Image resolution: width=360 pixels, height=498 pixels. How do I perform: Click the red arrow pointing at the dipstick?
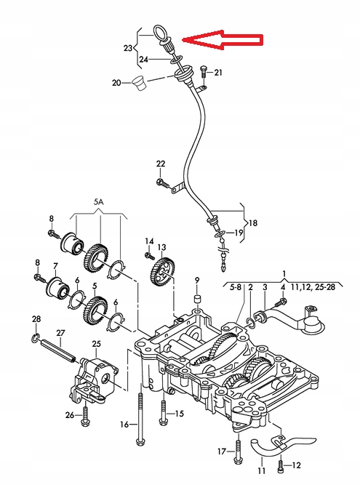coord(223,41)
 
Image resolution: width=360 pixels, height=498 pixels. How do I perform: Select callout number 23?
coord(128,48)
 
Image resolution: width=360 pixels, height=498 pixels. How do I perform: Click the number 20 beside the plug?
coord(116,83)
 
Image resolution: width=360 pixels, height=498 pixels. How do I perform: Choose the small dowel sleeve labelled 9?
coord(196,300)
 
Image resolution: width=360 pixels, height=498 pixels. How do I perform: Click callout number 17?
coord(221,451)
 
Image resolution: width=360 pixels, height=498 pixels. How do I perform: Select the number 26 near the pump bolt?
coord(70,415)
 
